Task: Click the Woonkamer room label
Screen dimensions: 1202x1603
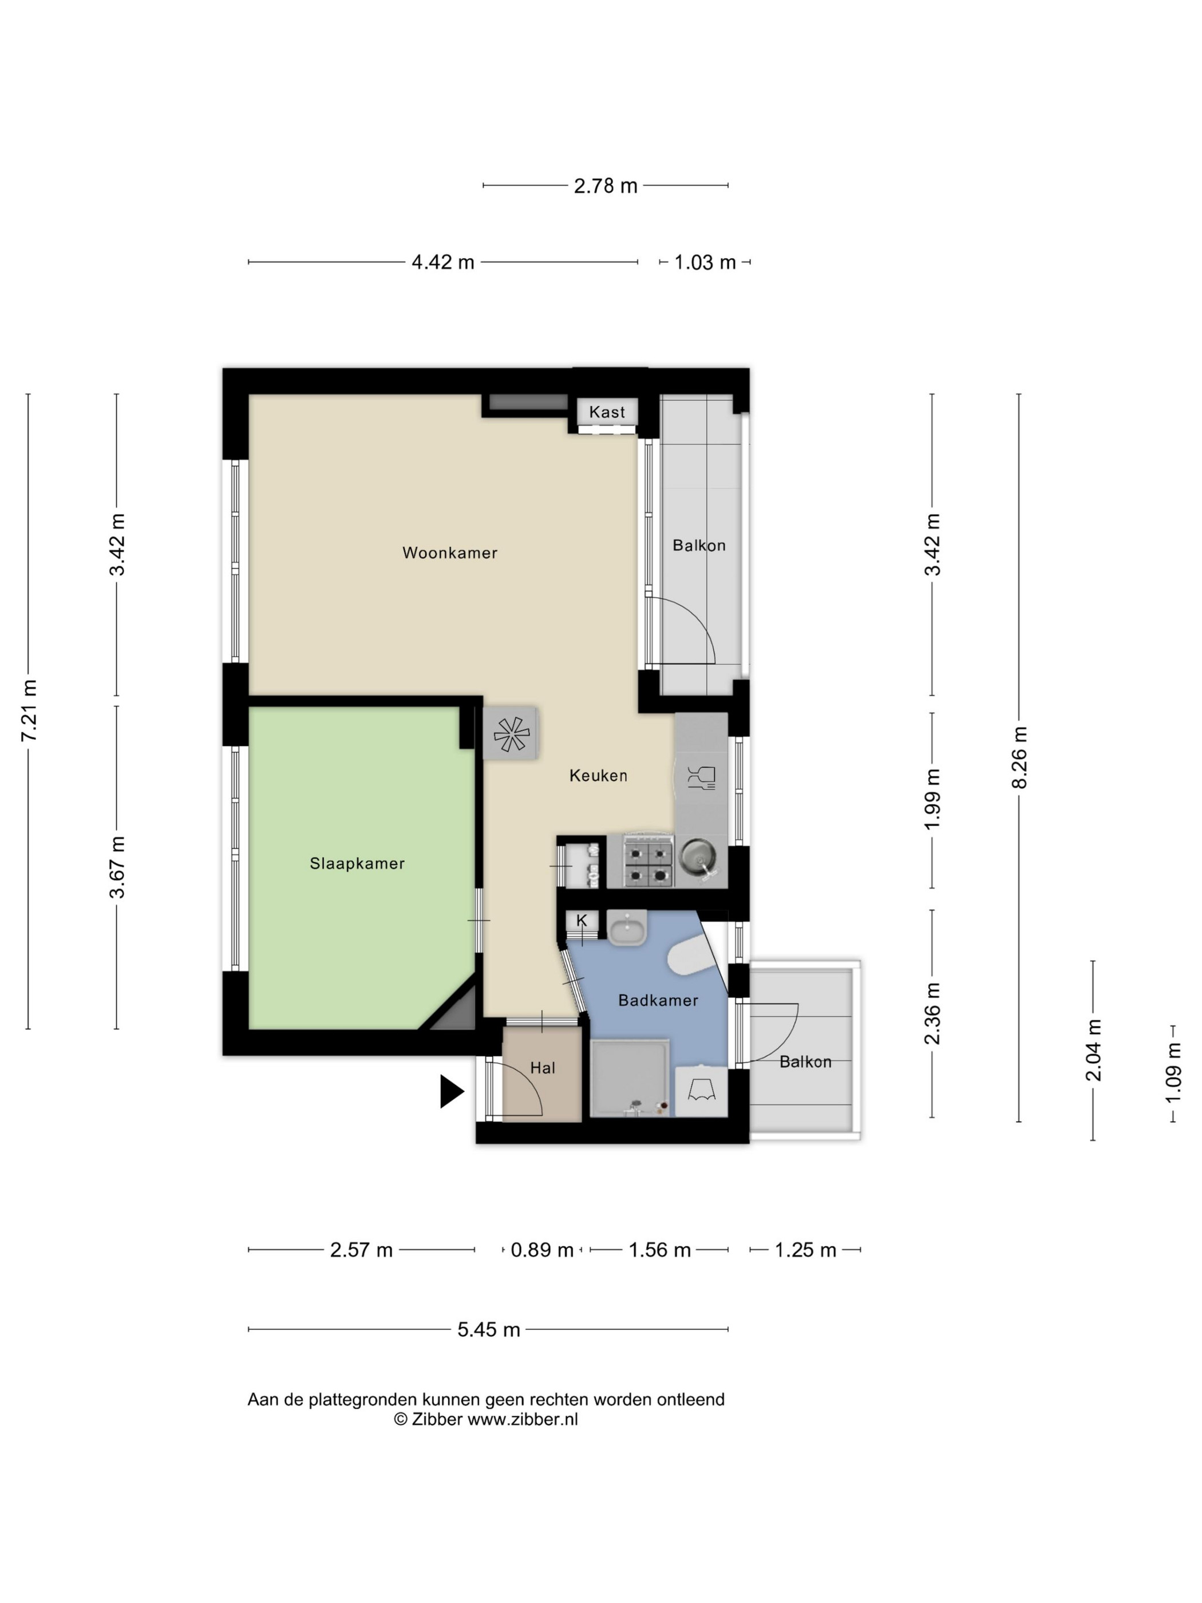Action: pyautogui.click(x=449, y=553)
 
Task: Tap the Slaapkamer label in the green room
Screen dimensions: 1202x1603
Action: pyautogui.click(x=357, y=863)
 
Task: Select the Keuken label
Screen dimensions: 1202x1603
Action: pyautogui.click(x=598, y=775)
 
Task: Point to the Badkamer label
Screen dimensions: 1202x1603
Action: pyautogui.click(x=658, y=1000)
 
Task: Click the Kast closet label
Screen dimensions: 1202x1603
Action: pyautogui.click(x=606, y=412)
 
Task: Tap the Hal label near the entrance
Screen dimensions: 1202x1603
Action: pyautogui.click(x=543, y=1068)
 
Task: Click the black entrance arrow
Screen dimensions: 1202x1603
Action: pyautogui.click(x=450, y=1091)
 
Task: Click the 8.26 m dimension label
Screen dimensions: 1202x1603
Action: pyautogui.click(x=1019, y=757)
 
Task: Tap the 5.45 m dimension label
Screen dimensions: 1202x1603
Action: pyautogui.click(x=489, y=1330)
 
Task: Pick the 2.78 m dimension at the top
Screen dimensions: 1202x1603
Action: pyautogui.click(x=606, y=186)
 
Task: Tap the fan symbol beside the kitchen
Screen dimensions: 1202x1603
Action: pyautogui.click(x=511, y=733)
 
